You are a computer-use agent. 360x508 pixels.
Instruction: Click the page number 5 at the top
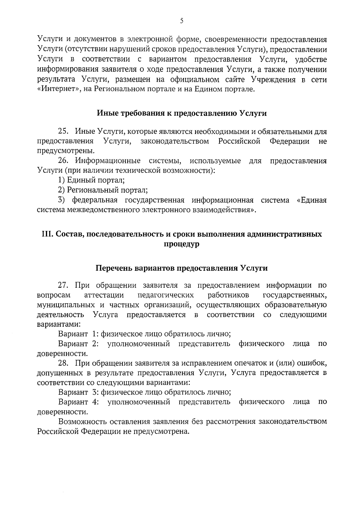pos(181,21)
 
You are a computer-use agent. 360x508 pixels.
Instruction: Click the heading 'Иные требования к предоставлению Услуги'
pos(181,113)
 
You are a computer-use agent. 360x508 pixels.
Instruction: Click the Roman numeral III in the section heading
pos(47,234)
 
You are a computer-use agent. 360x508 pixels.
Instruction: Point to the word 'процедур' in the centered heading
pos(181,244)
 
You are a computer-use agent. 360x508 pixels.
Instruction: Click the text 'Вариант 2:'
pos(78,343)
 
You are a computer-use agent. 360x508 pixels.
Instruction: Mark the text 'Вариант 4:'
pos(78,402)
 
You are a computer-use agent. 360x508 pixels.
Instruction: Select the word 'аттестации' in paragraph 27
pos(104,295)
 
